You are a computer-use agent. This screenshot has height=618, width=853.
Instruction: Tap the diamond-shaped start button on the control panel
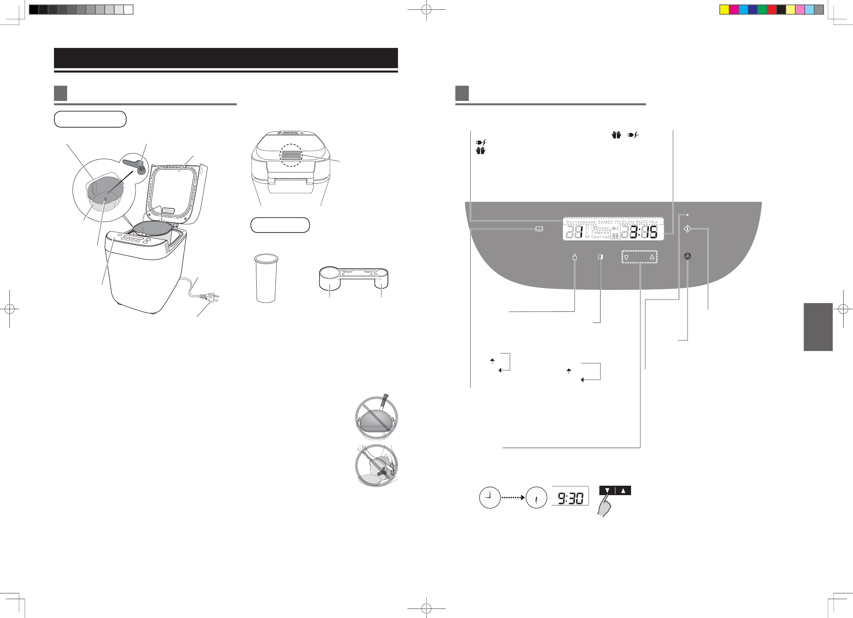(x=687, y=229)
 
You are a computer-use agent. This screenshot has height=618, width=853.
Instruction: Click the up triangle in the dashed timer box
(x=652, y=257)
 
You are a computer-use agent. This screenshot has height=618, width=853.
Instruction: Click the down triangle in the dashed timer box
(x=626, y=258)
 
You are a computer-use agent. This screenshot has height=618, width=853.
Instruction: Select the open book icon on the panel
(x=539, y=229)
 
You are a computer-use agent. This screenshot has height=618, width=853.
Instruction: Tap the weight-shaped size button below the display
(x=574, y=257)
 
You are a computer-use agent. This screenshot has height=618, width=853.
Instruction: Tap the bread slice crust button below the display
(x=600, y=257)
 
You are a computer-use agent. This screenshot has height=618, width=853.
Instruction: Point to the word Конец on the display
(x=603, y=228)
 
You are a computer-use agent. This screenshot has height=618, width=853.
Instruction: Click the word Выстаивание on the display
(x=581, y=222)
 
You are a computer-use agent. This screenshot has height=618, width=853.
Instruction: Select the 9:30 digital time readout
(x=570, y=498)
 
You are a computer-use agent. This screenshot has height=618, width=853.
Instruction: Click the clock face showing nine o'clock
(x=489, y=498)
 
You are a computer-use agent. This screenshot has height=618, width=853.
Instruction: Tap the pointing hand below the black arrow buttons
(x=604, y=507)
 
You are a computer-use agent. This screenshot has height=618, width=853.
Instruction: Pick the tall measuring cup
(x=266, y=278)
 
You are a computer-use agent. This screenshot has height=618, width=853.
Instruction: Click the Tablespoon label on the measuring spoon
(x=347, y=271)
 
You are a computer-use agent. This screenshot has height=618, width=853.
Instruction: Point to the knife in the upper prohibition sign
(x=383, y=402)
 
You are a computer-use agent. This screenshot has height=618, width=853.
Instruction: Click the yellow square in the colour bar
(x=724, y=9)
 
